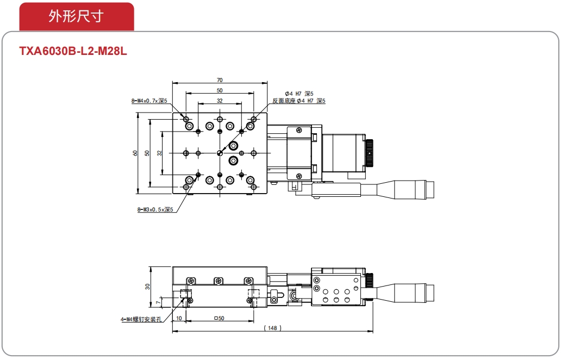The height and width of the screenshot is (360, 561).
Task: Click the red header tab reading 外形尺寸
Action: coord(77,16)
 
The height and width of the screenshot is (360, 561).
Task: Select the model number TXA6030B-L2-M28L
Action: coord(73,51)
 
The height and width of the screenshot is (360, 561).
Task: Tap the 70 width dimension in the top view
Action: coord(220,80)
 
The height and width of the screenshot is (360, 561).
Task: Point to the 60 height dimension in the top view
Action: coord(135,153)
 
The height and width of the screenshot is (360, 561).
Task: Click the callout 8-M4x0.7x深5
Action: coord(149,101)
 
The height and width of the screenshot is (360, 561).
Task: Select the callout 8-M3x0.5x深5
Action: coord(155,209)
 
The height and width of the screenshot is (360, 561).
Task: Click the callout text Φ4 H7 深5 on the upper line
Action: coord(299,94)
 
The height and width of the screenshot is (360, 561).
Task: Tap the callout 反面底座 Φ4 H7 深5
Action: coord(299,101)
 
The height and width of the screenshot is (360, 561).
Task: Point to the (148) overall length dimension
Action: coord(272,328)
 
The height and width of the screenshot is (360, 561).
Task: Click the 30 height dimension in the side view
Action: coord(147,287)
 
